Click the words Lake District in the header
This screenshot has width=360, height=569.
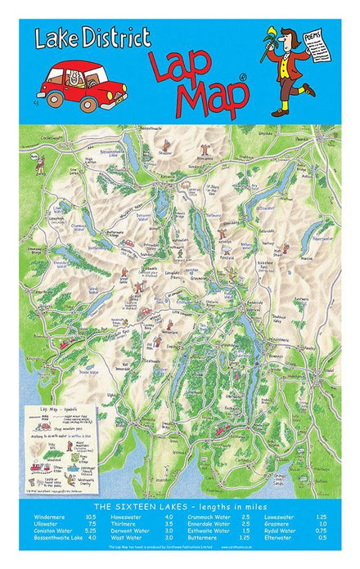click(93, 38)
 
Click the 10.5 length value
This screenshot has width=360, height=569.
click(90, 517)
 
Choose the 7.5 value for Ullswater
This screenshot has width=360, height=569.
click(92, 524)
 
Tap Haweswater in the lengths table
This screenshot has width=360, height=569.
click(132, 517)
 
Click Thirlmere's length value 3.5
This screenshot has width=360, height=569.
click(168, 524)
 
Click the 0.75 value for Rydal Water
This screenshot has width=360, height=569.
click(321, 531)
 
